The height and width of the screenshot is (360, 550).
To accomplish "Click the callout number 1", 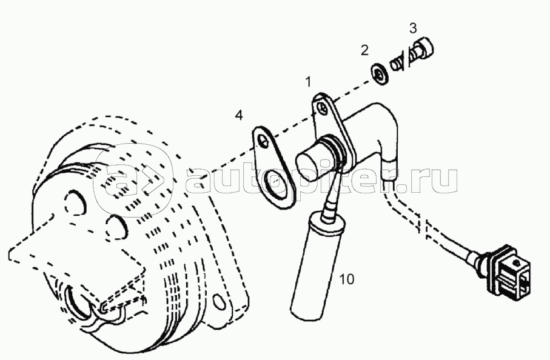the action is pos(308,82).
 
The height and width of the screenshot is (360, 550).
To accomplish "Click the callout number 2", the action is pos(365,50).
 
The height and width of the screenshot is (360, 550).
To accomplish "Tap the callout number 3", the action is pos(413,28).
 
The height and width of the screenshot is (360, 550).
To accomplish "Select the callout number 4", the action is pos(239,115).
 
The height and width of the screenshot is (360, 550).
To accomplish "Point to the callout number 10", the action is pos(347,279).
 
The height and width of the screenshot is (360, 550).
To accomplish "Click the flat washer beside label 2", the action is pos(380,74).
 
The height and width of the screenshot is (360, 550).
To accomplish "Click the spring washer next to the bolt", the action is pos(397,65).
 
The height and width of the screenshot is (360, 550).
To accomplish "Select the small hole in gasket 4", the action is pos(264,141).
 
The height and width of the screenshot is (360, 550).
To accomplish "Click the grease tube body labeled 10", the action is pos(314,267).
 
